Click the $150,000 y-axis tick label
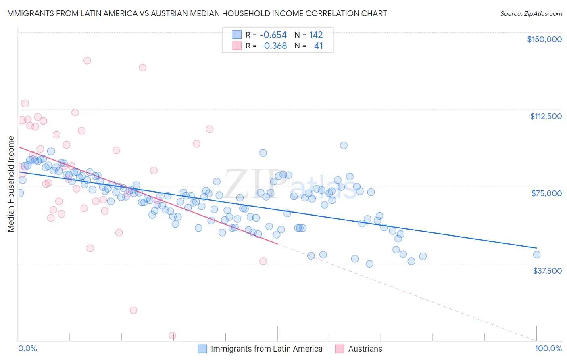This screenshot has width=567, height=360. click(544, 39)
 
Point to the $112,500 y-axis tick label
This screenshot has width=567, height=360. click(546, 116)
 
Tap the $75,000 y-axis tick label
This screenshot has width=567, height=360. click(546, 193)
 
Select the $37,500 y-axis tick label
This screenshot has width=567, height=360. click(547, 271)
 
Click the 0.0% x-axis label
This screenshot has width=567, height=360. click(27, 348)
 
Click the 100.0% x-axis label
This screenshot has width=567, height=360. click(548, 348)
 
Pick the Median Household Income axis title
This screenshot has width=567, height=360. click(11, 184)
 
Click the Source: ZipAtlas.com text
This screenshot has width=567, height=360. click(531, 13)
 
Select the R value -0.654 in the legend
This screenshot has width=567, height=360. click(273, 35)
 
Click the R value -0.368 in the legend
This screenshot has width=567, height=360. click(273, 46)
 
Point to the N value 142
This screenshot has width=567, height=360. click(316, 35)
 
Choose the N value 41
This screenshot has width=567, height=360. click(318, 46)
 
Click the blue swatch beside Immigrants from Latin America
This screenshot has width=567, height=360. click(202, 349)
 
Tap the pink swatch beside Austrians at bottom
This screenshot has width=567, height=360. click(340, 349)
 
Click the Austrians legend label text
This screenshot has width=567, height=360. click(365, 349)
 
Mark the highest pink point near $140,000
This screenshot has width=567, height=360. click(87, 61)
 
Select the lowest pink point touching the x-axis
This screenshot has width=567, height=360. click(172, 335)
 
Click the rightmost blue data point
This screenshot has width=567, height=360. click(536, 255)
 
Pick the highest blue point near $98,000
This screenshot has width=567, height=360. click(344, 145)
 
